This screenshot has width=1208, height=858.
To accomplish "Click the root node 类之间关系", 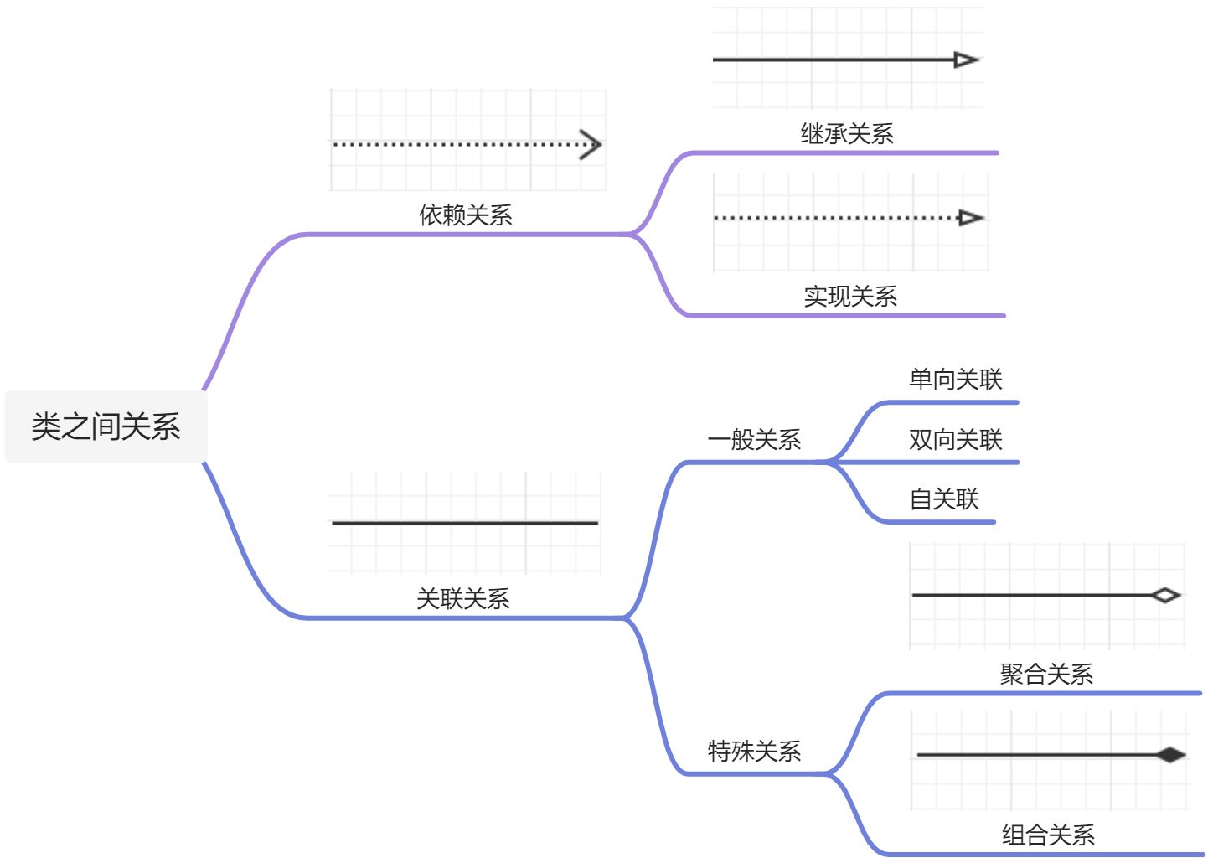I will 106,426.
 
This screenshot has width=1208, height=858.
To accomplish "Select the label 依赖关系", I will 466,215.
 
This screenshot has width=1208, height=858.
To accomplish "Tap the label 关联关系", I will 463,598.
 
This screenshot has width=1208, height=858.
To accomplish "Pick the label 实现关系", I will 850,297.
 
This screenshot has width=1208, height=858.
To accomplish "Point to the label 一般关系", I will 754,440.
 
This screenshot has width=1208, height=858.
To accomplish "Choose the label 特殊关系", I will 754,751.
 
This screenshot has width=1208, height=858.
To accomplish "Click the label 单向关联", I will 956,380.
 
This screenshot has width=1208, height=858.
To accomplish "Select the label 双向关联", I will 956,440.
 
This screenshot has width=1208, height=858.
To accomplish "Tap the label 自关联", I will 944,499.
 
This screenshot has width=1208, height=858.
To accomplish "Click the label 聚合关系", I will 1046,675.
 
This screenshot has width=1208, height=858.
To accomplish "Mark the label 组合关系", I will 1048,835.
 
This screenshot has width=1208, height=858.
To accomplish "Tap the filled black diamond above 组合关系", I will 1170,755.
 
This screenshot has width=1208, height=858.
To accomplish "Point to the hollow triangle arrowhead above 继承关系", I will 966,59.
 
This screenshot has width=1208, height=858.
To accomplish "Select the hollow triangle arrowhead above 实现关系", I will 970,218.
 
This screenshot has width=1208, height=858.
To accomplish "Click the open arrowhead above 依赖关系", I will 591,145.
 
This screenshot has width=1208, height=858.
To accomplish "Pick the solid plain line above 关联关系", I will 465,523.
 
